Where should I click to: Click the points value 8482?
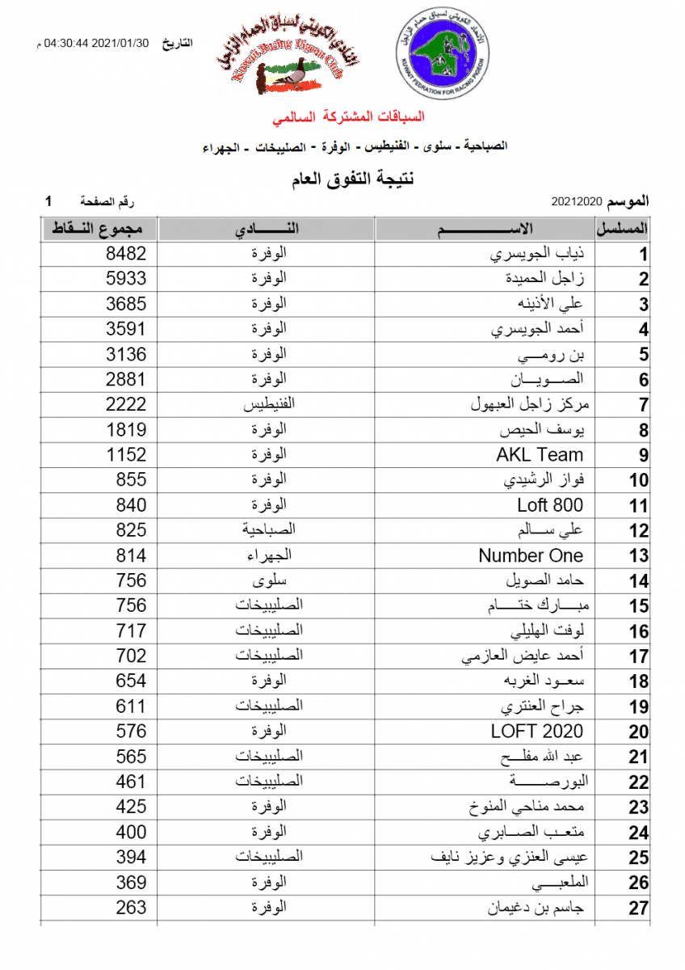[x=126, y=254]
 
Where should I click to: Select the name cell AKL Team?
[x=539, y=455]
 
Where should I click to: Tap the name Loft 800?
[x=549, y=506]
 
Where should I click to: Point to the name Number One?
[x=530, y=556]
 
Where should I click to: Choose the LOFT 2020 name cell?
[x=536, y=732]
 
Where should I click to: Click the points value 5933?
[x=126, y=279]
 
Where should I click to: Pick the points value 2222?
[x=126, y=405]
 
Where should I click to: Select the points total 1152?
[x=126, y=455]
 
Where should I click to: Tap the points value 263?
[x=126, y=908]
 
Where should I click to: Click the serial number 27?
[x=639, y=909]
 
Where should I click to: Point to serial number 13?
[x=639, y=557]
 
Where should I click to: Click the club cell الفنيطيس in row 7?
[x=266, y=405]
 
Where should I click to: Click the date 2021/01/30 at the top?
[x=121, y=43]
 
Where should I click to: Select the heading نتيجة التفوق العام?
[x=351, y=179]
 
